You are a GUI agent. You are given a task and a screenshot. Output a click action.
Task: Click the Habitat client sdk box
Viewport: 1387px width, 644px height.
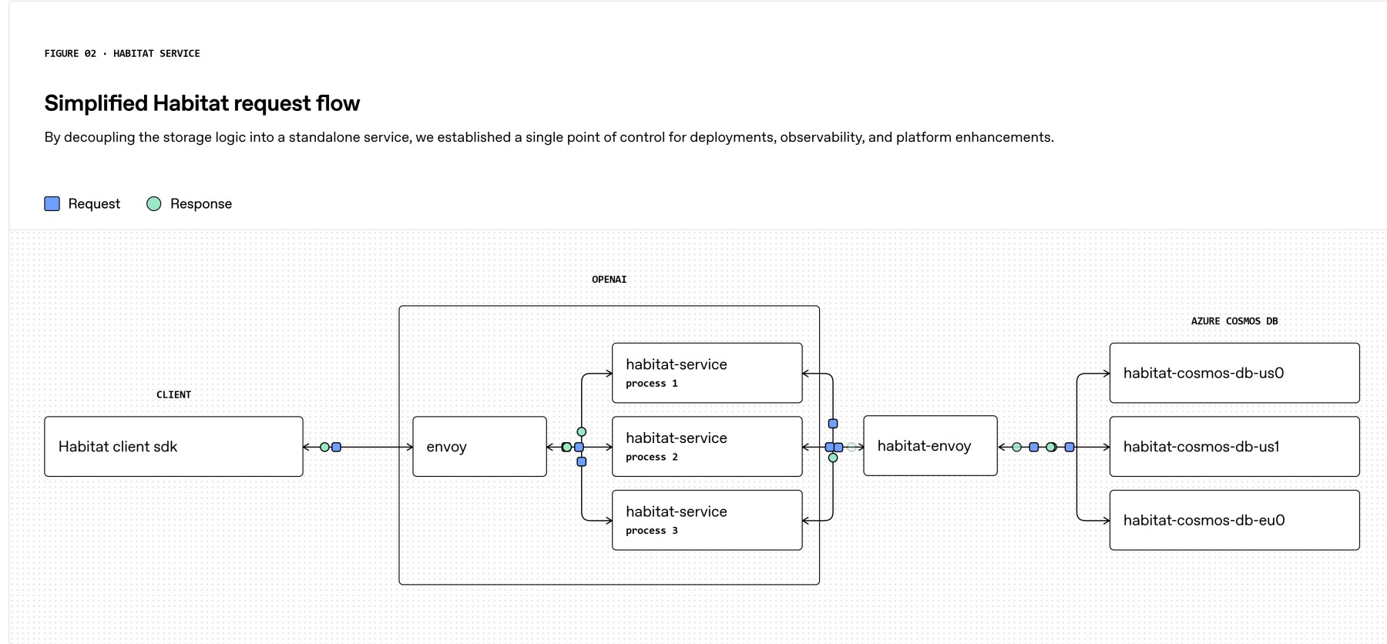pos(173,447)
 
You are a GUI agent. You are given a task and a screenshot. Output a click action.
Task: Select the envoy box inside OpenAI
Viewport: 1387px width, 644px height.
pos(479,447)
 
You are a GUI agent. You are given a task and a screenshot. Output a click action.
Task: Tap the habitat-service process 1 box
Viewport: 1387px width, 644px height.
pos(707,373)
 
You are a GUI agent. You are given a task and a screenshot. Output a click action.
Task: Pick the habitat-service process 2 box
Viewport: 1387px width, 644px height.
pos(707,447)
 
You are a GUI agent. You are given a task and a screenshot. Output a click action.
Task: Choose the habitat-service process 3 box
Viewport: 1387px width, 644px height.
pos(707,520)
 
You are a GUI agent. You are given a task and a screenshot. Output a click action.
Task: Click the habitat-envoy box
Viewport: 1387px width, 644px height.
pos(930,446)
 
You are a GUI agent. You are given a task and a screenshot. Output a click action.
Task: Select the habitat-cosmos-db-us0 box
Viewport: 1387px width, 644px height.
pos(1234,373)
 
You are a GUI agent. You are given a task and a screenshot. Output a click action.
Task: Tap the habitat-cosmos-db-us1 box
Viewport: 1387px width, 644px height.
pos(1234,447)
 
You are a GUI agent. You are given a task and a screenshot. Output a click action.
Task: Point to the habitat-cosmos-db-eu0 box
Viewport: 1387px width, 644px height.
pos(1234,520)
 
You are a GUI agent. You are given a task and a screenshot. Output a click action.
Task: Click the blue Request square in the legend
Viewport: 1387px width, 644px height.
pos(52,203)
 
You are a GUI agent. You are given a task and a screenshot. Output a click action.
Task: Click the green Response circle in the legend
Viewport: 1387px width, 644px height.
pos(154,203)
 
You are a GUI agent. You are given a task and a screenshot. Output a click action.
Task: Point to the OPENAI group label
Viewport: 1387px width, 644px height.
pos(609,280)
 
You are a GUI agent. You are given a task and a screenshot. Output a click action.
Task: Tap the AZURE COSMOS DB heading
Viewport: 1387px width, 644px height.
pos(1234,321)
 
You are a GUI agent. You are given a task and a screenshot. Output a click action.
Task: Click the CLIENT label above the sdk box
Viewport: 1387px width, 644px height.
pos(173,394)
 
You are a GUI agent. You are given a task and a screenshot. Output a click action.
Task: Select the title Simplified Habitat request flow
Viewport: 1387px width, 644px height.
pos(202,103)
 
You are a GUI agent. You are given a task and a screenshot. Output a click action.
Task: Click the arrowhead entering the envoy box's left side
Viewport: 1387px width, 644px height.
pos(410,447)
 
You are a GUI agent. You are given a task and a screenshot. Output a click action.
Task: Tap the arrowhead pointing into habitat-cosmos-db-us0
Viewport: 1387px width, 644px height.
pos(1107,374)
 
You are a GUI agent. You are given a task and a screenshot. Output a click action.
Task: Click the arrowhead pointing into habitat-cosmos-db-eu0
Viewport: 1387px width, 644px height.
pos(1107,521)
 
